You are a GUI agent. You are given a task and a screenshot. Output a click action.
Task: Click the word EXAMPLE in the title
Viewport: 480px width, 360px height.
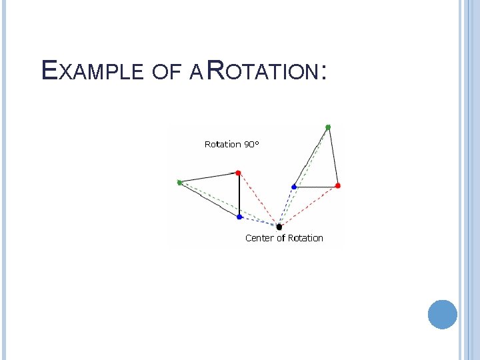(x=90, y=70)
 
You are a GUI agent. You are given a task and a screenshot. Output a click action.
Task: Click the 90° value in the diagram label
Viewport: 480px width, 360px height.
(x=251, y=143)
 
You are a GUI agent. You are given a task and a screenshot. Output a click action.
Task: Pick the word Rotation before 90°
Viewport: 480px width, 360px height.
(x=222, y=143)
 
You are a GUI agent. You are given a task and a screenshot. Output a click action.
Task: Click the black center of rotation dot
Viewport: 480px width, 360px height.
(x=279, y=227)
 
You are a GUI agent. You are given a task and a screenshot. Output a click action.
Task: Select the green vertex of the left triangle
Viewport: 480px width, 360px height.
(x=179, y=182)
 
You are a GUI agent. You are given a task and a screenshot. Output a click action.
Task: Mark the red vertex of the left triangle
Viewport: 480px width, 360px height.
(x=239, y=173)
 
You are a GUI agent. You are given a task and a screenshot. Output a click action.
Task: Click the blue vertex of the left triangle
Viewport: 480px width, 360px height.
(x=239, y=217)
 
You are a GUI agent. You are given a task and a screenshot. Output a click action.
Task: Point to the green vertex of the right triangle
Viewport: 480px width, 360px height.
(x=327, y=127)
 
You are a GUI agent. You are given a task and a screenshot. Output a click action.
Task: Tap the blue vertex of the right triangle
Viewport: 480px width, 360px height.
(x=294, y=187)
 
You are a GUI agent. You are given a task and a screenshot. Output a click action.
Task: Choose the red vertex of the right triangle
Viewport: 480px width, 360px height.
(x=337, y=185)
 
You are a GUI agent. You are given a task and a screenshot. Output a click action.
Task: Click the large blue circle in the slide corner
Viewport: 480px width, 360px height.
(x=443, y=314)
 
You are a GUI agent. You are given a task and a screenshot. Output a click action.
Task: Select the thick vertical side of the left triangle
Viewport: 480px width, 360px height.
(x=239, y=195)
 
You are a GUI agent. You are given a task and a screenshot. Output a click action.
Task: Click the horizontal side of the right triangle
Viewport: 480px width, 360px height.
(x=315, y=187)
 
